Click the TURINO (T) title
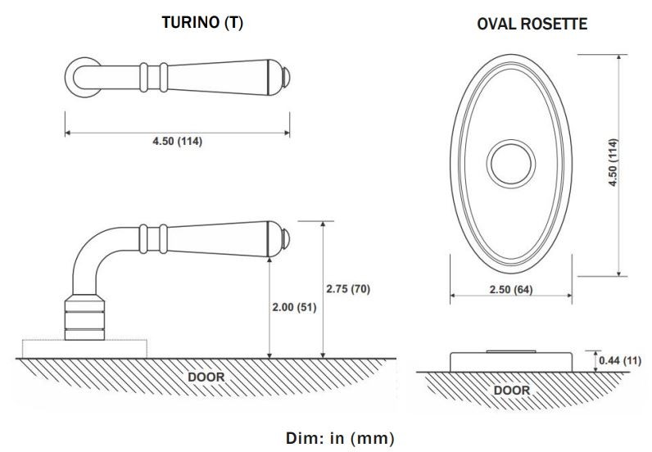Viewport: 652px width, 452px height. (202, 23)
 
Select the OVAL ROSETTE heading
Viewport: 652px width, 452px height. (532, 24)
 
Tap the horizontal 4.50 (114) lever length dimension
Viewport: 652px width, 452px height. (177, 141)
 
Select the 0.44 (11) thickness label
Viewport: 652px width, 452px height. (620, 360)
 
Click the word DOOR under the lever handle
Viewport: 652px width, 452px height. (206, 377)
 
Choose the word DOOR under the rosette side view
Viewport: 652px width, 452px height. (511, 390)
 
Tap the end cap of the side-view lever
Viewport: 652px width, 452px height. (286, 238)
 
